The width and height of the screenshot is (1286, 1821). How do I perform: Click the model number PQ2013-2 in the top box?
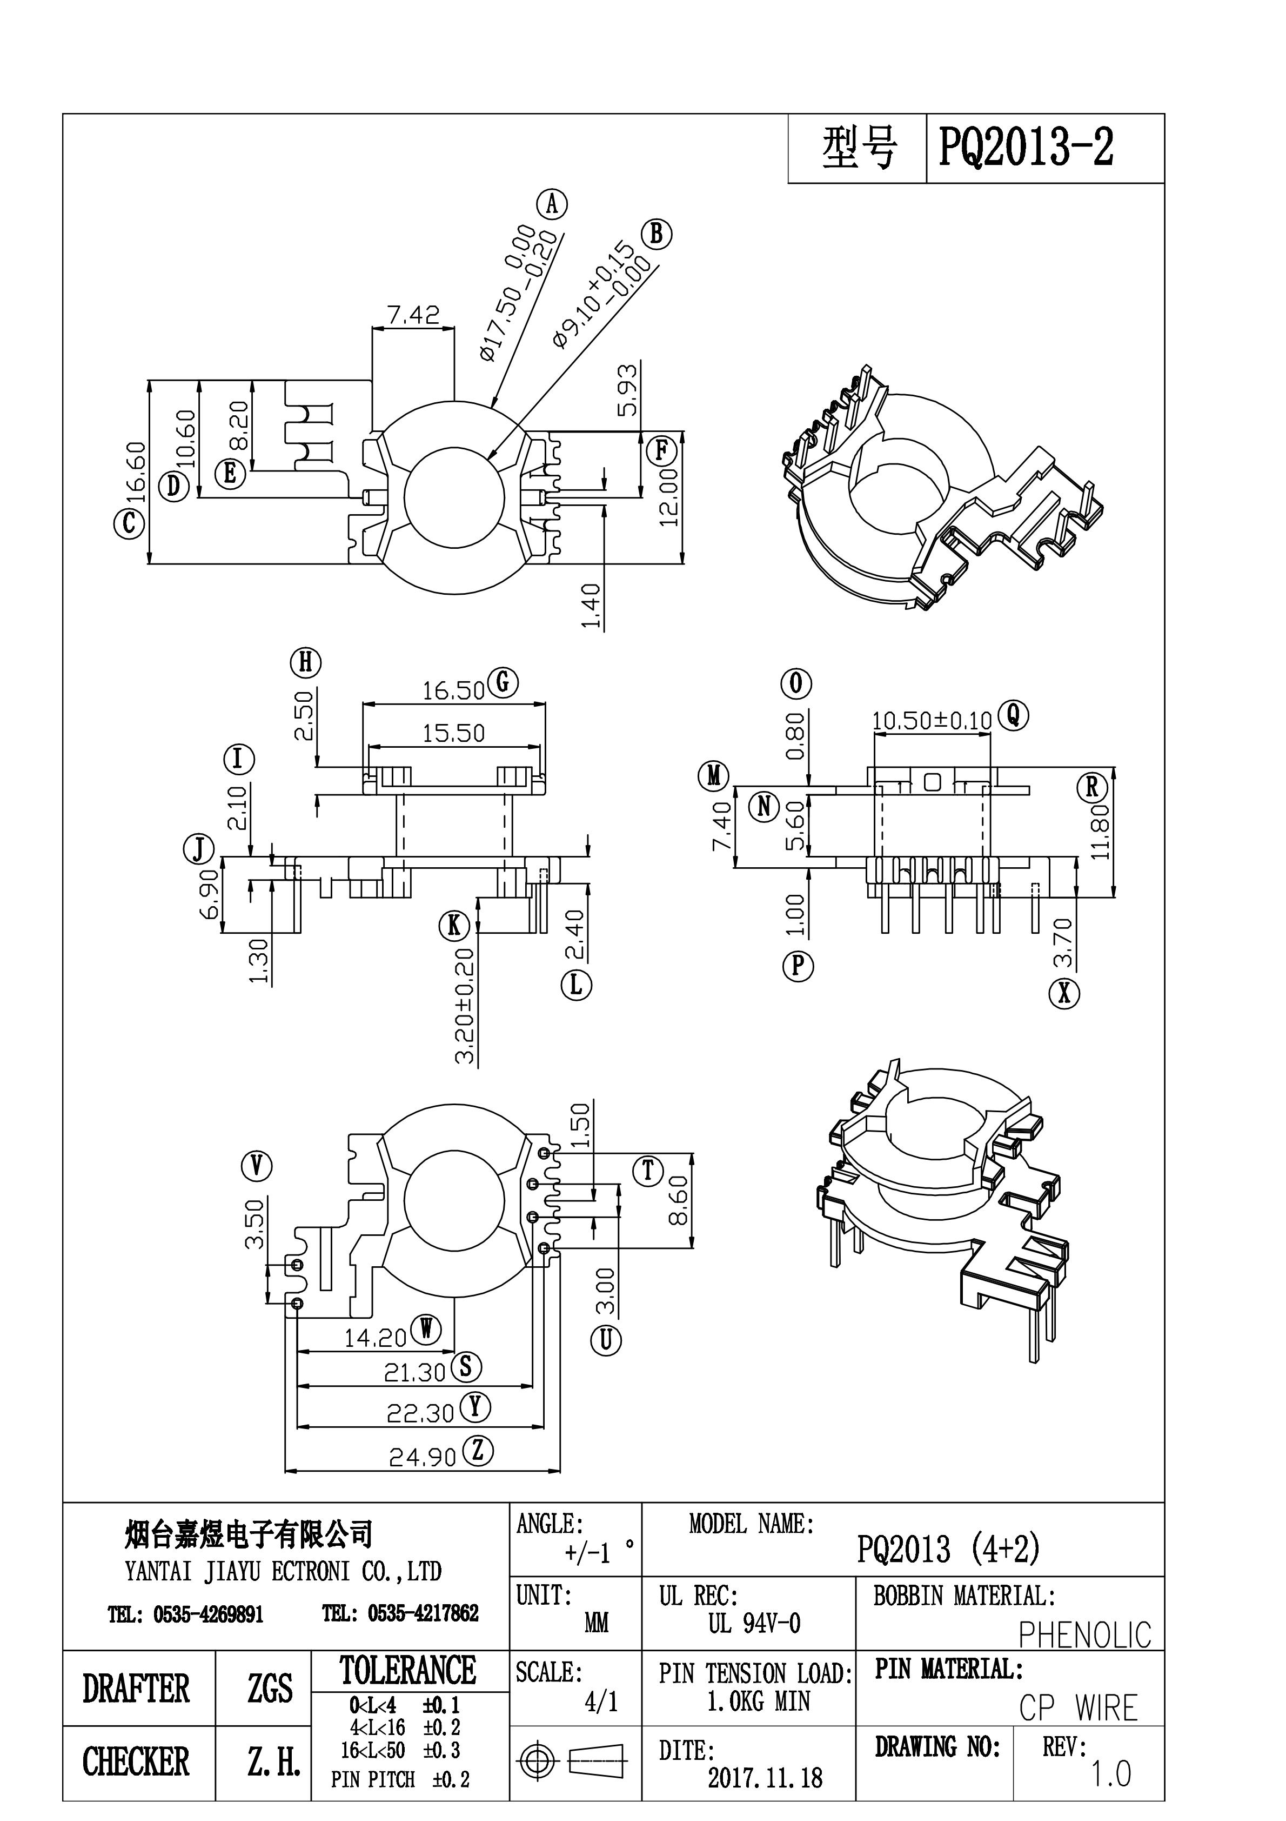pyautogui.click(x=1026, y=148)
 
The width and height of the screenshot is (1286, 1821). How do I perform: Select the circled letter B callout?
pyautogui.click(x=657, y=234)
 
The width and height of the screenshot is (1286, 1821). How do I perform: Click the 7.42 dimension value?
pyautogui.click(x=413, y=316)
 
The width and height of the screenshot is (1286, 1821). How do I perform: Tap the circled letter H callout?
pyautogui.click(x=305, y=662)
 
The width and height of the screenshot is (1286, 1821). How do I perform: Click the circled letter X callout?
pyautogui.click(x=1065, y=992)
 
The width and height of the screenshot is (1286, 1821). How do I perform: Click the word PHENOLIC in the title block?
pyautogui.click(x=1084, y=1634)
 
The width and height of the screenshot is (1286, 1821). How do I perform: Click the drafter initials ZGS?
pyautogui.click(x=270, y=1688)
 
